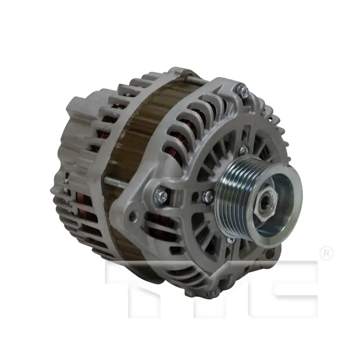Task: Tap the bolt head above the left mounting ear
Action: (161, 195)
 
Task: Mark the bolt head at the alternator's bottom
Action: (214, 292)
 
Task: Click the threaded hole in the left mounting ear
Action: (133, 215)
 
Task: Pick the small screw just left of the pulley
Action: (209, 196)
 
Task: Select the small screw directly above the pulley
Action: (243, 150)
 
